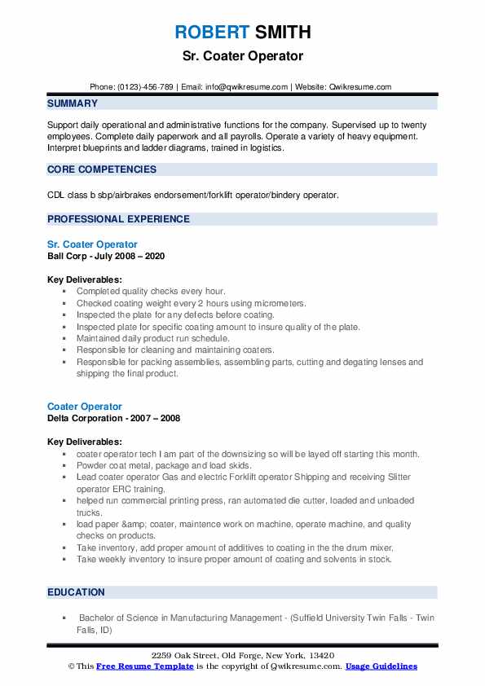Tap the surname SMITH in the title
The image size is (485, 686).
click(x=283, y=33)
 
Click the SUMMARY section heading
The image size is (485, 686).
click(x=73, y=103)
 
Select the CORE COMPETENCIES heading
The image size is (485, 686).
click(x=101, y=169)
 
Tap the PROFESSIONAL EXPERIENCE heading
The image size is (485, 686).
click(x=118, y=219)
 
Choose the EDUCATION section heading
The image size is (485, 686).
click(x=76, y=592)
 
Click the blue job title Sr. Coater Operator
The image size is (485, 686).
click(x=92, y=244)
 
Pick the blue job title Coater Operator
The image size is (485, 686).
click(x=85, y=407)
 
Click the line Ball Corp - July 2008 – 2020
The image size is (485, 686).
click(x=106, y=255)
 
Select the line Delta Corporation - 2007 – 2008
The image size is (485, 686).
click(x=113, y=418)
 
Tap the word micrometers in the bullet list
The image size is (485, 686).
click(x=279, y=302)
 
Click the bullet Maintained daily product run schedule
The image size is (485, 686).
click(x=153, y=338)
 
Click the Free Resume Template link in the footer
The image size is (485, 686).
click(x=145, y=666)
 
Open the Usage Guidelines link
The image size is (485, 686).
click(x=381, y=666)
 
